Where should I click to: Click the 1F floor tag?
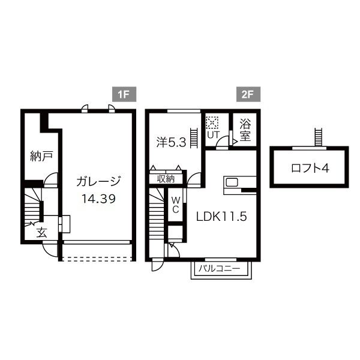pos(124,94)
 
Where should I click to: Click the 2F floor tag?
pos(248,94)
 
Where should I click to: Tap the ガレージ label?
pos(98,181)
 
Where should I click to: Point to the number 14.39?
pos(99,199)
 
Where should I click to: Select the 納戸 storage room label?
pos(41,156)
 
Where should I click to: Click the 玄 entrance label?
pos(42,233)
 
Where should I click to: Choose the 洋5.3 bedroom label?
pos(171,142)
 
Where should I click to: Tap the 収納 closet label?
pos(166,179)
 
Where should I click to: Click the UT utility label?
pos(214,135)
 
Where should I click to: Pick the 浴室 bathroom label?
pos(245,130)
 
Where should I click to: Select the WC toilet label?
pos(176,205)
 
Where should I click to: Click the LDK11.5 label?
pos(221,217)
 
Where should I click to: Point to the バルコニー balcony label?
pos(219,268)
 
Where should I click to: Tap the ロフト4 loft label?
pos(310,168)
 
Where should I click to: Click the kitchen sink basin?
pos(232,182)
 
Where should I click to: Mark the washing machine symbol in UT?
pos(212,123)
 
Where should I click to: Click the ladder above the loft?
pos(318,137)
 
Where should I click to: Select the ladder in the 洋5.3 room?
pos(194,138)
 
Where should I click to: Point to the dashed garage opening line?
pos(97,259)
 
